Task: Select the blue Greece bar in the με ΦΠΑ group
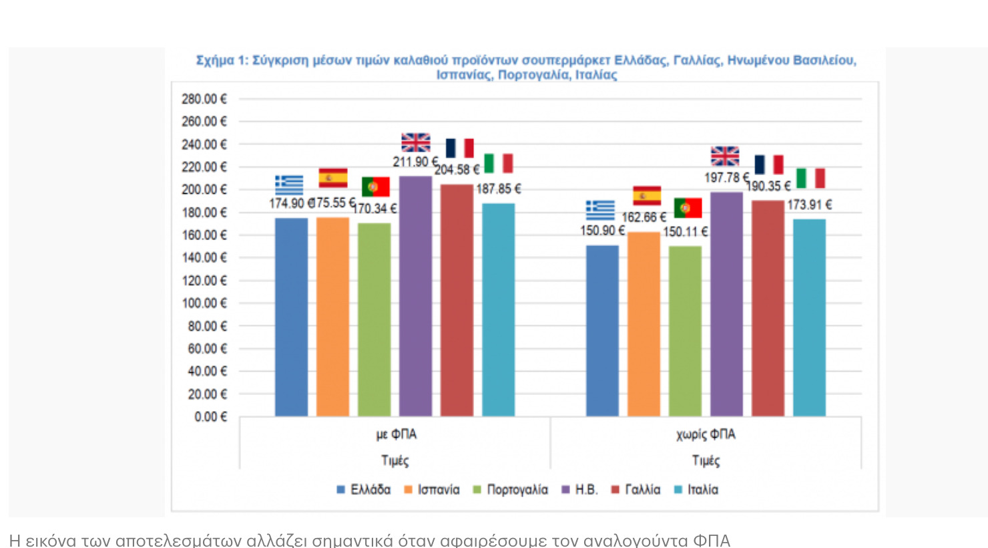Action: [x=291, y=317]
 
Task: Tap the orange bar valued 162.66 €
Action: [x=644, y=323]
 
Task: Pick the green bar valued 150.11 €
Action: [x=685, y=331]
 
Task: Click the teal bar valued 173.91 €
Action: [x=809, y=317]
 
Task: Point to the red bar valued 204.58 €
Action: [x=457, y=300]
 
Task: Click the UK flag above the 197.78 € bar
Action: [x=725, y=156]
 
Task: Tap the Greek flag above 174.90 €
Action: [x=289, y=184]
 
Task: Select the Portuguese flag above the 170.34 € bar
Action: [x=375, y=187]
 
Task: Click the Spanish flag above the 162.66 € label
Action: [x=647, y=196]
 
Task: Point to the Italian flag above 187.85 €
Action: [x=498, y=163]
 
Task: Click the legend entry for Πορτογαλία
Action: [x=510, y=490]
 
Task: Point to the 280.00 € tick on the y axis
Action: [x=204, y=99]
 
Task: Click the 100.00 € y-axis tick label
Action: [x=204, y=303]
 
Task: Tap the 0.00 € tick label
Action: [x=210, y=417]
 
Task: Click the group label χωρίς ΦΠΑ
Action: [x=706, y=434]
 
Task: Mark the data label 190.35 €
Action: [x=768, y=186]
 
